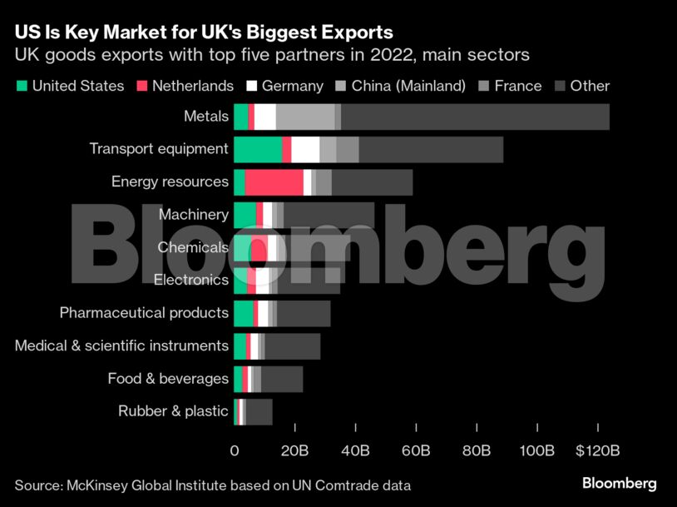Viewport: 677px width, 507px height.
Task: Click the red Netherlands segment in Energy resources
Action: (x=274, y=181)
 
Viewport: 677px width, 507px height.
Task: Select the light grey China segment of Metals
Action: (x=305, y=117)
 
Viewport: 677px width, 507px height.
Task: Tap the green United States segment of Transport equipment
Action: (x=258, y=150)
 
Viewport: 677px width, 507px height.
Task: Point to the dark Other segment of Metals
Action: (x=475, y=117)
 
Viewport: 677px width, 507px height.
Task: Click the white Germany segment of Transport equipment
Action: (x=305, y=150)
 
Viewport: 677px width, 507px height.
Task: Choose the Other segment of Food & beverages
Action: (x=282, y=379)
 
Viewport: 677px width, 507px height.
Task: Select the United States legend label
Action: (x=78, y=86)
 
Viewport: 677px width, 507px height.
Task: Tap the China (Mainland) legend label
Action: (x=408, y=86)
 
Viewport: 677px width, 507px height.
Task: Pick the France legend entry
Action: (x=517, y=86)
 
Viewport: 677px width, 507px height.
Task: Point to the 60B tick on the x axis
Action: (x=416, y=450)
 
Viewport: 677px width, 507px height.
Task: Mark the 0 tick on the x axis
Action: (x=235, y=450)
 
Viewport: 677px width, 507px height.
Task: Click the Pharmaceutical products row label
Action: (x=144, y=313)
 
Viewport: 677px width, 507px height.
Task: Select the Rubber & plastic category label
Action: (x=173, y=410)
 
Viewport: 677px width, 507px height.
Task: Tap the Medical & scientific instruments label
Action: (x=121, y=345)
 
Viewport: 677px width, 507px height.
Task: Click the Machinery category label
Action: (x=193, y=215)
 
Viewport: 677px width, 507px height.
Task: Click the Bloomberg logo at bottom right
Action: (x=619, y=483)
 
